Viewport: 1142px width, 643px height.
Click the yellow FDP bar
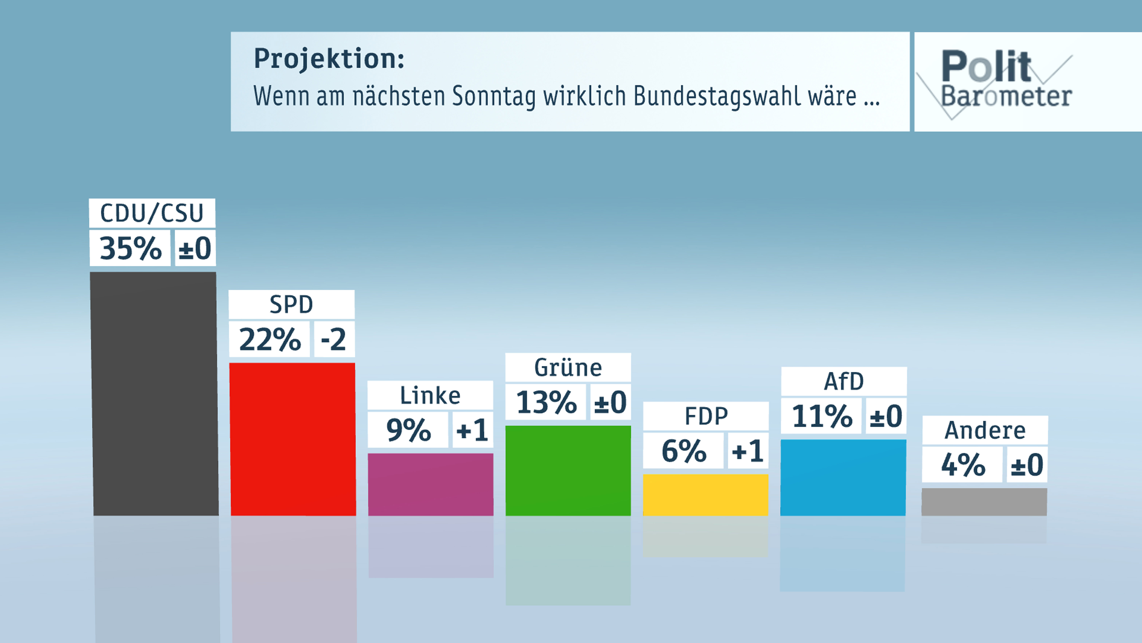tap(705, 495)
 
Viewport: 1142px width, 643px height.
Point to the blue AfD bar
tap(843, 477)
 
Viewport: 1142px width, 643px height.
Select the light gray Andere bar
tap(984, 502)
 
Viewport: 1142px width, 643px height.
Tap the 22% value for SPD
tap(270, 339)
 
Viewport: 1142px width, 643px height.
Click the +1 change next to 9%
tap(473, 429)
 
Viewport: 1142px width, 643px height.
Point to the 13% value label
tap(546, 402)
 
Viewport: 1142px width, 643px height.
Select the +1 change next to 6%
tap(748, 451)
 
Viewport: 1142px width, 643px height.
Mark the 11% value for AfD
tap(822, 416)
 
